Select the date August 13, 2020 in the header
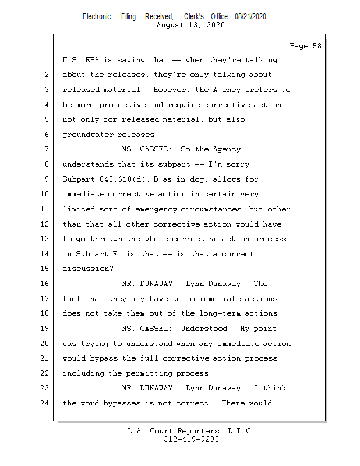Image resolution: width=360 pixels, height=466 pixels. tap(191, 25)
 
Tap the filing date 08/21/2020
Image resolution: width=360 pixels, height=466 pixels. tap(250, 17)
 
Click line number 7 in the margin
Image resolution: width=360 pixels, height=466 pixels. tap(47, 150)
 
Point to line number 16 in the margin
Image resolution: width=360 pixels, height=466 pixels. tap(45, 284)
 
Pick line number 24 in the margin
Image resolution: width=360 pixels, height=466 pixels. tap(45, 403)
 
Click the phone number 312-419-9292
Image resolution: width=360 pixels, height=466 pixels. tap(191, 439)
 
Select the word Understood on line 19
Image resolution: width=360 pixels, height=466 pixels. tap(205, 329)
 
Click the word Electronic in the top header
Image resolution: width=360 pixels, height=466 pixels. tap(97, 17)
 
